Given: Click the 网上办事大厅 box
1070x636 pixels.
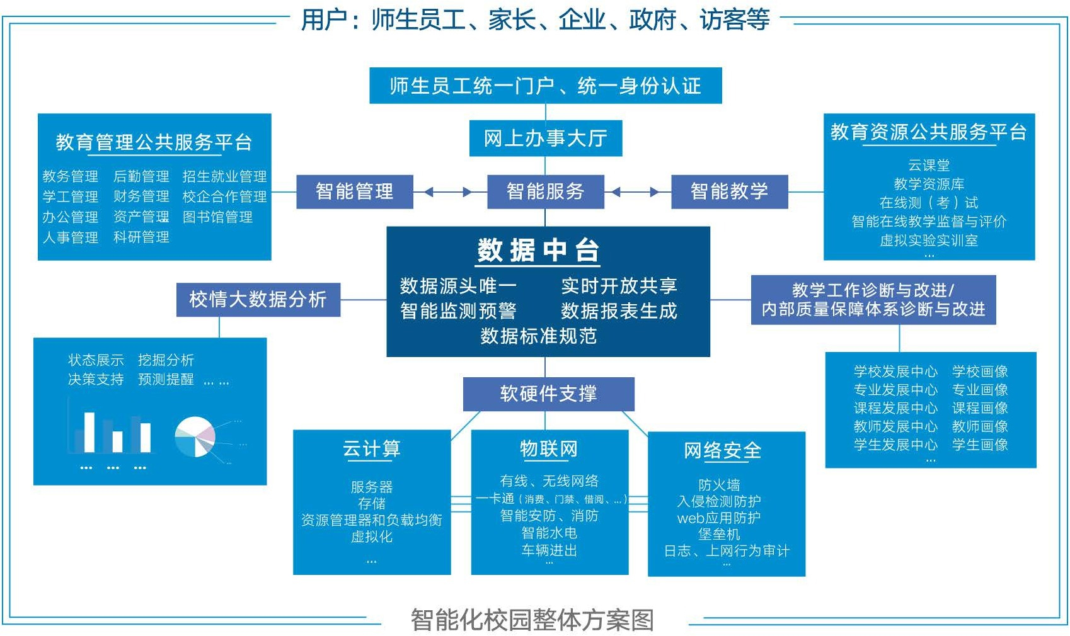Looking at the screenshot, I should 545,138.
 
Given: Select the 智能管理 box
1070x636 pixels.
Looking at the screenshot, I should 354,191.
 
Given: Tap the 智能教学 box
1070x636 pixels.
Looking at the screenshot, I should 729,191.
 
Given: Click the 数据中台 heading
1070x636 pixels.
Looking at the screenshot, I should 538,251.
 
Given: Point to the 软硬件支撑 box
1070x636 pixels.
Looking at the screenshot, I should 548,394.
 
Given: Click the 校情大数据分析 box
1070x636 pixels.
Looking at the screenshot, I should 258,299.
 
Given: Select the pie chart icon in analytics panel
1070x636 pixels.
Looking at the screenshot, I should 195,436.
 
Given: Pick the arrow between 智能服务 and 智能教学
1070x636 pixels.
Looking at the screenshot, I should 637,192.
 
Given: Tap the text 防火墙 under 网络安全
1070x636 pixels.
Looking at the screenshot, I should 719,485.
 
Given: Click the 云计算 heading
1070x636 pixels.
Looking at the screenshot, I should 372,449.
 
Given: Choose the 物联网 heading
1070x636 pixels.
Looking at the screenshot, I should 549,449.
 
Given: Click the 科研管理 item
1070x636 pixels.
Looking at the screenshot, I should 141,237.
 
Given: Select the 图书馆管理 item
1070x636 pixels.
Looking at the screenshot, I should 217,217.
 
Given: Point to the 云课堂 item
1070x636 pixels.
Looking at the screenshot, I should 929,166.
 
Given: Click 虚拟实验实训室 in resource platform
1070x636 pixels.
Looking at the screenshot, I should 929,241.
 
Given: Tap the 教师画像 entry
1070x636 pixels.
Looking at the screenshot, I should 980,426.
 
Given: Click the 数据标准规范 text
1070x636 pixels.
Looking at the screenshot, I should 538,336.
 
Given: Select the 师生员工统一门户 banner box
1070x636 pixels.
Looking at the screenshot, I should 545,86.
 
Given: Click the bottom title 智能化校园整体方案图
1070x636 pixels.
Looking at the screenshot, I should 532,620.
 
